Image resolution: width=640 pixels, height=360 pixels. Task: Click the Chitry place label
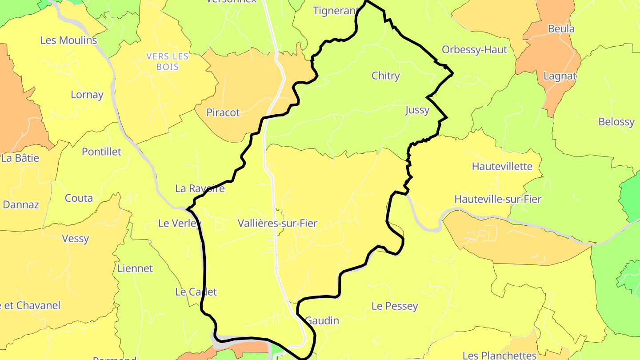(385, 76)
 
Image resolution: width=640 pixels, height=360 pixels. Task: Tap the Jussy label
(417, 110)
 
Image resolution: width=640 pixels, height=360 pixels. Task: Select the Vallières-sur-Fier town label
(277, 223)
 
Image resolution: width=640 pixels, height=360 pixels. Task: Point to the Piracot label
(223, 112)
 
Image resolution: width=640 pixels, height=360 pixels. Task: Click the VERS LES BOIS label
(168, 62)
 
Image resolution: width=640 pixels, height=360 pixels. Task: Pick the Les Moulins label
(68, 40)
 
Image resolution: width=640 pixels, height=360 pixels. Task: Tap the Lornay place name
(87, 95)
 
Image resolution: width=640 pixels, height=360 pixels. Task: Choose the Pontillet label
(101, 152)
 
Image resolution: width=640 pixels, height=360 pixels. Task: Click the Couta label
(79, 198)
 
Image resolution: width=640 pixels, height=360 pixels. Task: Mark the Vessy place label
(75, 239)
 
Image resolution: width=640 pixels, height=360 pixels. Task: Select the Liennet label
(135, 268)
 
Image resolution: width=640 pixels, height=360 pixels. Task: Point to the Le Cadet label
(196, 292)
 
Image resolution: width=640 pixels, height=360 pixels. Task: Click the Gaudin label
(322, 320)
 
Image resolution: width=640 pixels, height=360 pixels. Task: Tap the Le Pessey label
(395, 306)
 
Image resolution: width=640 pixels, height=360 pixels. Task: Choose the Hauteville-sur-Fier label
(498, 199)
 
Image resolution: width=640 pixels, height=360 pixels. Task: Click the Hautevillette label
(502, 167)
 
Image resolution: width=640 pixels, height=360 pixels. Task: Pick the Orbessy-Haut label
(474, 50)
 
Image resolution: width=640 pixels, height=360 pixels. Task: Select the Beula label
(561, 29)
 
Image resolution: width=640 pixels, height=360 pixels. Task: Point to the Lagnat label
(560, 76)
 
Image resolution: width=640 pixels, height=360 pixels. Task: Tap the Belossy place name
(616, 122)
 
